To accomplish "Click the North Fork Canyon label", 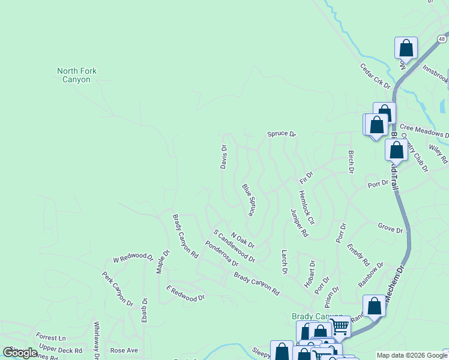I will [77, 75].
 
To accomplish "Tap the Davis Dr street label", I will [224, 157].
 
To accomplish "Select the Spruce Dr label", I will [282, 134].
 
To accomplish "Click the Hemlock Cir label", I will [306, 208].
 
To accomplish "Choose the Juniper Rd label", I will [299, 223].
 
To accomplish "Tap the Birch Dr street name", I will [351, 161].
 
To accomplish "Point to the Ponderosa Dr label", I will [221, 253].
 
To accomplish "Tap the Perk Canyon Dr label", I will [117, 289].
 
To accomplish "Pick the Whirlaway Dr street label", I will [96, 340].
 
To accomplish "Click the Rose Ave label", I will [124, 350].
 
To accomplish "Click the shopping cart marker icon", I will [340, 326].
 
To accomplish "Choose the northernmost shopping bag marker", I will [406, 48].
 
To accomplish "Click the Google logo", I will [20, 353].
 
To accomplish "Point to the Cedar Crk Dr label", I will [375, 76].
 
